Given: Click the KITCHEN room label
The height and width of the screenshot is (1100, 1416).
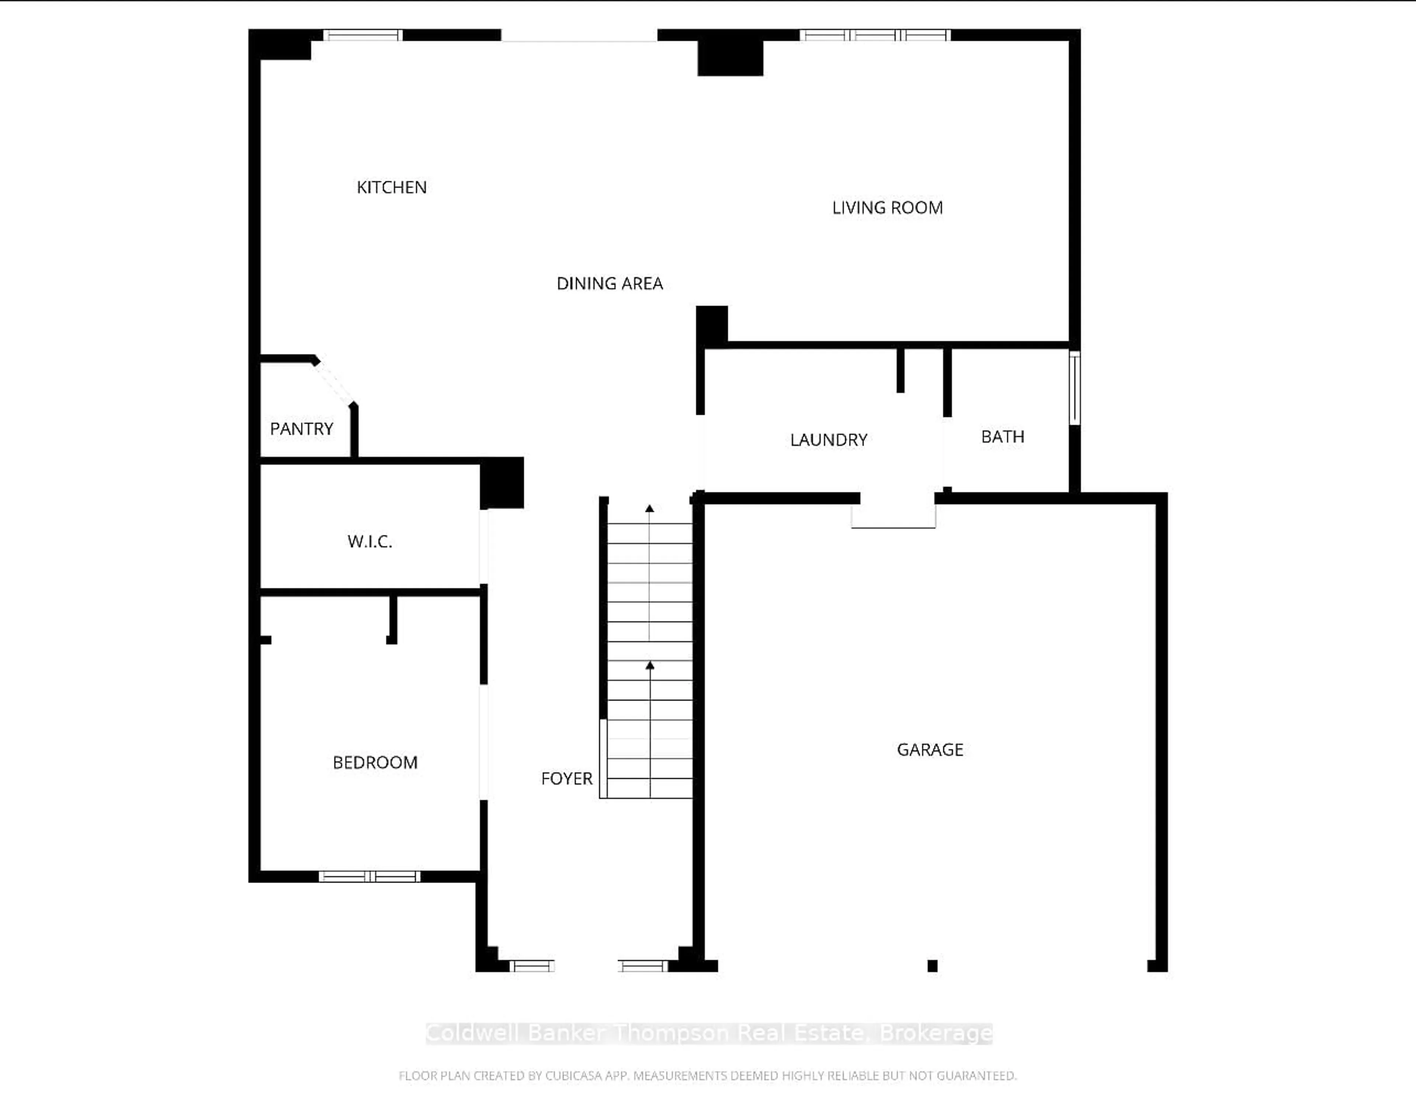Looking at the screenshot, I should pos(392,187).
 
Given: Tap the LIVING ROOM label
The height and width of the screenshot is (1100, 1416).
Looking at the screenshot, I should pos(887,208).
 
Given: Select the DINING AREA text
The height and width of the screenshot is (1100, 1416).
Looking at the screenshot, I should pos(610,283).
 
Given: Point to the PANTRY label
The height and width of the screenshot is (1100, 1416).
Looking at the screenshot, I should pos(302,429).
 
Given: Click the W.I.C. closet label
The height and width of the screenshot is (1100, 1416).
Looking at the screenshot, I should pos(369,542).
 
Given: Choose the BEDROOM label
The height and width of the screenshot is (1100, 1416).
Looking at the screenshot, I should pos(375,762).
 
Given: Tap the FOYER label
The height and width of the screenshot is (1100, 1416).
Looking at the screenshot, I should pos(567,778).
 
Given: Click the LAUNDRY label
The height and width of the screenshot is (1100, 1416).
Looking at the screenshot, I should pos(829,440).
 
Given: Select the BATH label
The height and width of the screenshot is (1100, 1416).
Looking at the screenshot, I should pos(1002,436).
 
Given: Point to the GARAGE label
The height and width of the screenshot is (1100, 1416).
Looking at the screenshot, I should pos(930,750).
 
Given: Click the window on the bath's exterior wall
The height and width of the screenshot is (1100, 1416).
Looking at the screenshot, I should pos(1074,388).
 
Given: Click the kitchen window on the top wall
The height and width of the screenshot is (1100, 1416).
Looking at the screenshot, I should pos(363,35).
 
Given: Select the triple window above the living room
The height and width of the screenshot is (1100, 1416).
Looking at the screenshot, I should pos(875,35).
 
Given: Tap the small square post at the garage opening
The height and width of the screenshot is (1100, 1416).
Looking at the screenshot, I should pos(932,966).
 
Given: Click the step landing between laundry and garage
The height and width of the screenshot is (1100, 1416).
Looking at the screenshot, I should pos(893,516).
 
